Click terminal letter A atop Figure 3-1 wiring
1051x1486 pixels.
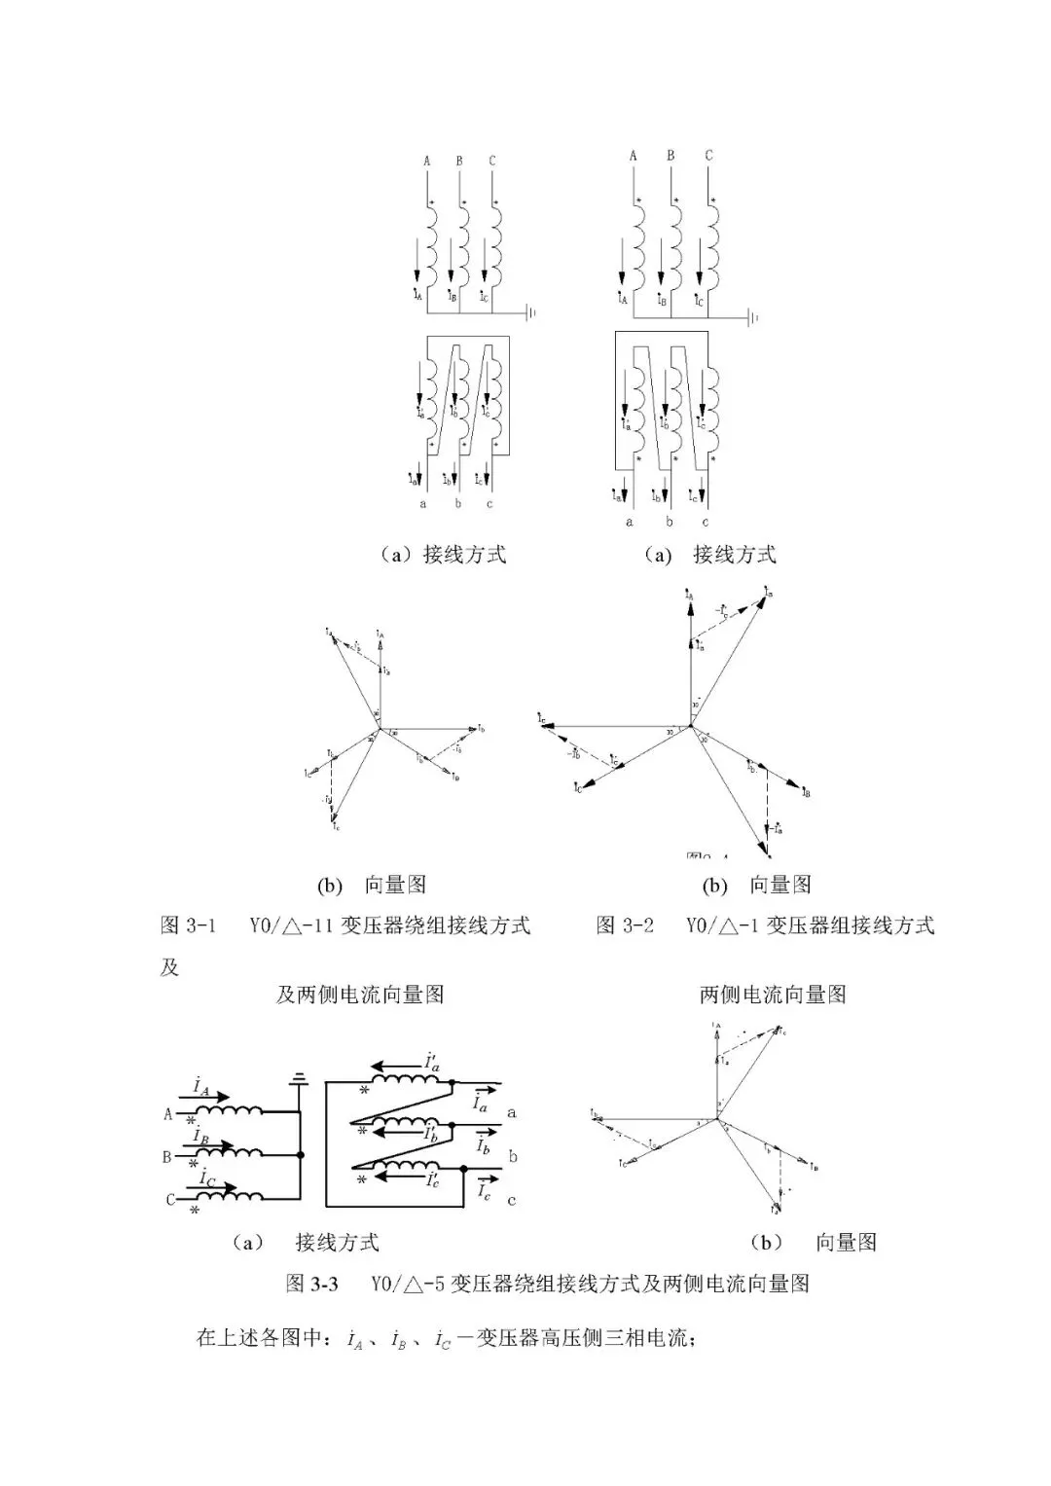click(426, 161)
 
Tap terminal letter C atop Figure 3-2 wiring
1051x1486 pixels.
click(708, 156)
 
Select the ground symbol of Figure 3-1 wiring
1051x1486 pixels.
click(531, 313)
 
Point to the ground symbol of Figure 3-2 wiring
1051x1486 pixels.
click(753, 317)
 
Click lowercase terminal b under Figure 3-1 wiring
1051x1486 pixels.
click(457, 504)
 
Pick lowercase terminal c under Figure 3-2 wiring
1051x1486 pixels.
click(706, 522)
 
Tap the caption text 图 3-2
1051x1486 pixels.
click(624, 924)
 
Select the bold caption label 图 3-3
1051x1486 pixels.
click(311, 1283)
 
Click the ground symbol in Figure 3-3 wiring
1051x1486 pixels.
click(301, 1077)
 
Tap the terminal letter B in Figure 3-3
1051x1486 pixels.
click(166, 1157)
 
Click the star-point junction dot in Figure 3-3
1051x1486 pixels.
click(301, 1154)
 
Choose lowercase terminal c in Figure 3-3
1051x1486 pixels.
click(512, 1200)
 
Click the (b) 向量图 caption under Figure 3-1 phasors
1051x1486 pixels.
click(371, 885)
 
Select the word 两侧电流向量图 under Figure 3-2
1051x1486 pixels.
click(773, 995)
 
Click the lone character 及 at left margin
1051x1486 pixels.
click(170, 968)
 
